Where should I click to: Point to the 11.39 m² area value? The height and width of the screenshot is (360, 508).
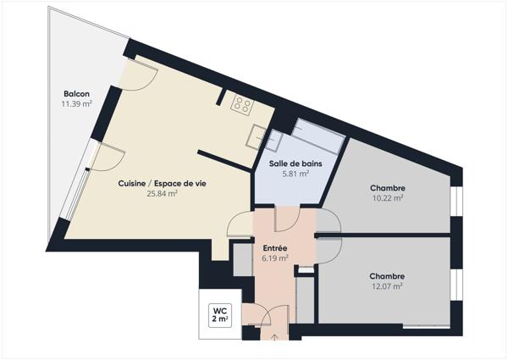click(75, 104)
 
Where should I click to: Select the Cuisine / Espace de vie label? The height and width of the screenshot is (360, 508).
click(161, 182)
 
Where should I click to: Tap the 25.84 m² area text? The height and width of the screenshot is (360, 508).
click(161, 193)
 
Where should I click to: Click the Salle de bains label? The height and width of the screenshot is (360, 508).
click(289, 163)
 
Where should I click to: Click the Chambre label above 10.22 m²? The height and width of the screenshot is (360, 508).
click(387, 187)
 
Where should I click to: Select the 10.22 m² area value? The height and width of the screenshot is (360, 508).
click(387, 198)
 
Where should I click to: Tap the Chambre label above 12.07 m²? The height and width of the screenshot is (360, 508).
click(386, 276)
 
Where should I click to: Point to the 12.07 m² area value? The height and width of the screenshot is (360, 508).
click(386, 286)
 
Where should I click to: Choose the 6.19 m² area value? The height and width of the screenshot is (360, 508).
click(275, 258)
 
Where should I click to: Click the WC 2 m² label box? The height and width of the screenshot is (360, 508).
click(219, 314)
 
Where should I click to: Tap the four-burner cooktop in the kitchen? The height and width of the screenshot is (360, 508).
click(243, 104)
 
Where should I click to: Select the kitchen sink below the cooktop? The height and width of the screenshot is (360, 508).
click(257, 135)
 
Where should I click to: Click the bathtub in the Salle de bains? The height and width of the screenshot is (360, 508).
click(318, 136)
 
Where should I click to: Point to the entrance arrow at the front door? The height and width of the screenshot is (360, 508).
click(276, 336)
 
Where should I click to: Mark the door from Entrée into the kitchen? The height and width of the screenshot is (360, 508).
click(240, 222)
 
